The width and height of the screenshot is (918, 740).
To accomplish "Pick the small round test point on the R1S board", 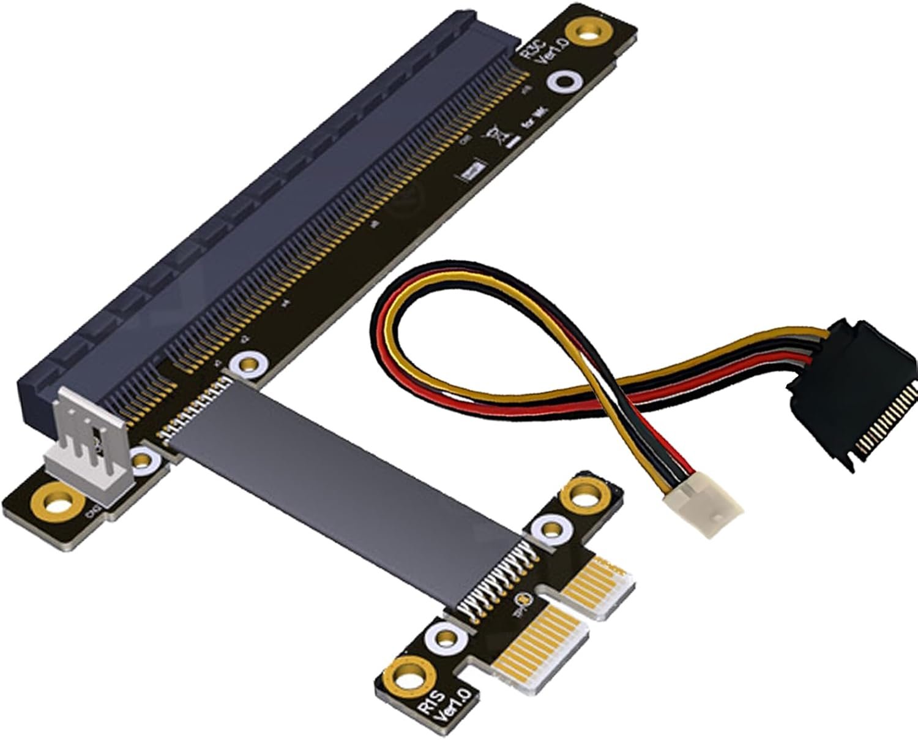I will coord(524,600).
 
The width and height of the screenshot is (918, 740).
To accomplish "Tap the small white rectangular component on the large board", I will coord(471,173).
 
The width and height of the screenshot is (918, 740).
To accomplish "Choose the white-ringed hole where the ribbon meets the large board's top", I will coord(246,365).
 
